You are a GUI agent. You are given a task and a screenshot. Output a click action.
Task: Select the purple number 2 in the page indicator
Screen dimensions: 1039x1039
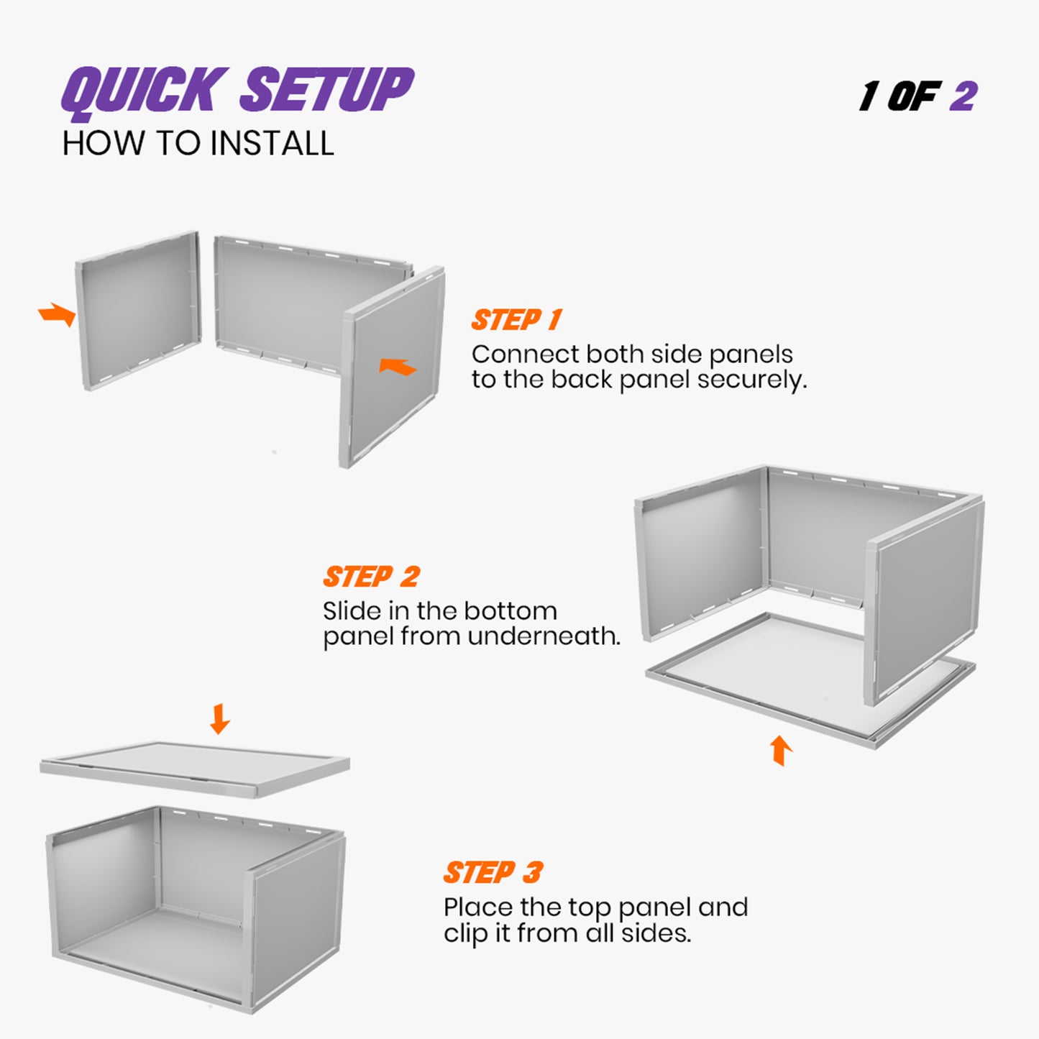tap(963, 96)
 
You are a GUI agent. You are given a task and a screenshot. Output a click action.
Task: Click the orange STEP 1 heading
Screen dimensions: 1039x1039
tap(516, 320)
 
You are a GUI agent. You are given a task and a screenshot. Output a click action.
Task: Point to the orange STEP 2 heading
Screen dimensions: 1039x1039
tap(371, 577)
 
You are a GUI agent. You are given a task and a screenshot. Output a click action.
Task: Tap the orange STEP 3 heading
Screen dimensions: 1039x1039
tap(493, 873)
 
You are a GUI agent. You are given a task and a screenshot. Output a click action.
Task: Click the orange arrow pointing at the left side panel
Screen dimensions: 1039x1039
tap(58, 314)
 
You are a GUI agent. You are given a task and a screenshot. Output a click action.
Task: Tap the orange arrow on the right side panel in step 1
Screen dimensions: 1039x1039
tap(398, 367)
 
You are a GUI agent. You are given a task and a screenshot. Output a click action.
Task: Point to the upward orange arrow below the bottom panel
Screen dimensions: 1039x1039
tap(781, 750)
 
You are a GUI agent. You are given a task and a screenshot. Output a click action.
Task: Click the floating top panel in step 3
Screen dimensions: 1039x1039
tap(194, 767)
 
